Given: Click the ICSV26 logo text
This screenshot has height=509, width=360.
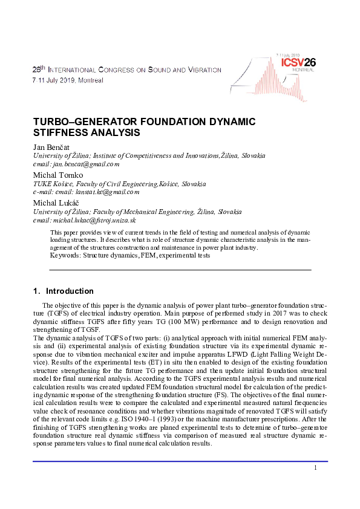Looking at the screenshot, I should tap(295, 62).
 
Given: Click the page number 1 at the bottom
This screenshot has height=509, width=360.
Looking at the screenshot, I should tap(316, 468).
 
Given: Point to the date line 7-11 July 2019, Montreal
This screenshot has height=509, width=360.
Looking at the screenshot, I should tap(68, 80).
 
